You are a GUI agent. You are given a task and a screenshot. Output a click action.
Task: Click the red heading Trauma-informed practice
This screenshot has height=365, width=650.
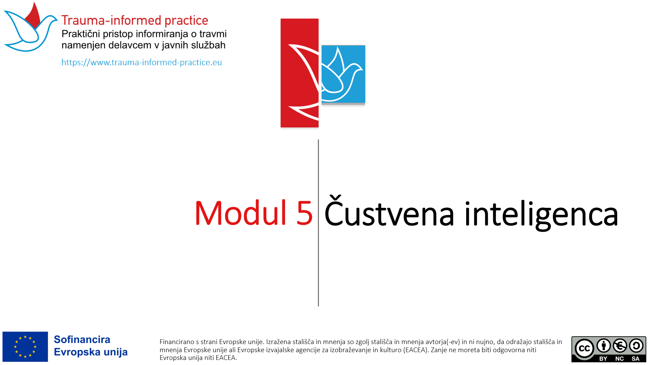135,21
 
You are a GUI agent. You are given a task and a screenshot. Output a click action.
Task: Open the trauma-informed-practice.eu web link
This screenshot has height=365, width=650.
142,63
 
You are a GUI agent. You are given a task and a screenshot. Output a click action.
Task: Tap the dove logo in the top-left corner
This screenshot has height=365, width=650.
30,27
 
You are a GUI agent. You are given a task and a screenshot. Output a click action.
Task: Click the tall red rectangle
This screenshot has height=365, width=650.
300,73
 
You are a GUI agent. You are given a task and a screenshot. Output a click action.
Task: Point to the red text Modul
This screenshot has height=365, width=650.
241,213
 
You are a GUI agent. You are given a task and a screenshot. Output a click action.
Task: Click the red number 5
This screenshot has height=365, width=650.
304,213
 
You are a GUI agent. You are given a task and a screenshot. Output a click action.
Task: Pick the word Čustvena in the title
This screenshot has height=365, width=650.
389,211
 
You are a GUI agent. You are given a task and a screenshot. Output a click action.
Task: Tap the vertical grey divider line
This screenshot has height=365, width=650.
318,223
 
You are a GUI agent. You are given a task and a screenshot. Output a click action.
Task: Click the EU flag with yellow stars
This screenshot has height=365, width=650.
25,347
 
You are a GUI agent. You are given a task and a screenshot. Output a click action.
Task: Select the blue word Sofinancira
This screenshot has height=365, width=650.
82,339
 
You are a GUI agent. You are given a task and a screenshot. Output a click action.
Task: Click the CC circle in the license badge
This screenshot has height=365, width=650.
584,348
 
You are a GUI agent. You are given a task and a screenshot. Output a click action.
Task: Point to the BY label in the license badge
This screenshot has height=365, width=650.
603,359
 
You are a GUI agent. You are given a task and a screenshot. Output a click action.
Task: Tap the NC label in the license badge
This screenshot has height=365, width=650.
620,359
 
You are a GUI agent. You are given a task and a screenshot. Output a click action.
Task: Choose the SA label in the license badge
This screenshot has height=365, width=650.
635,359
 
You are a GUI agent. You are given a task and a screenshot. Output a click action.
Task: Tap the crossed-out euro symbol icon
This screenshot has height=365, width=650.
620,346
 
